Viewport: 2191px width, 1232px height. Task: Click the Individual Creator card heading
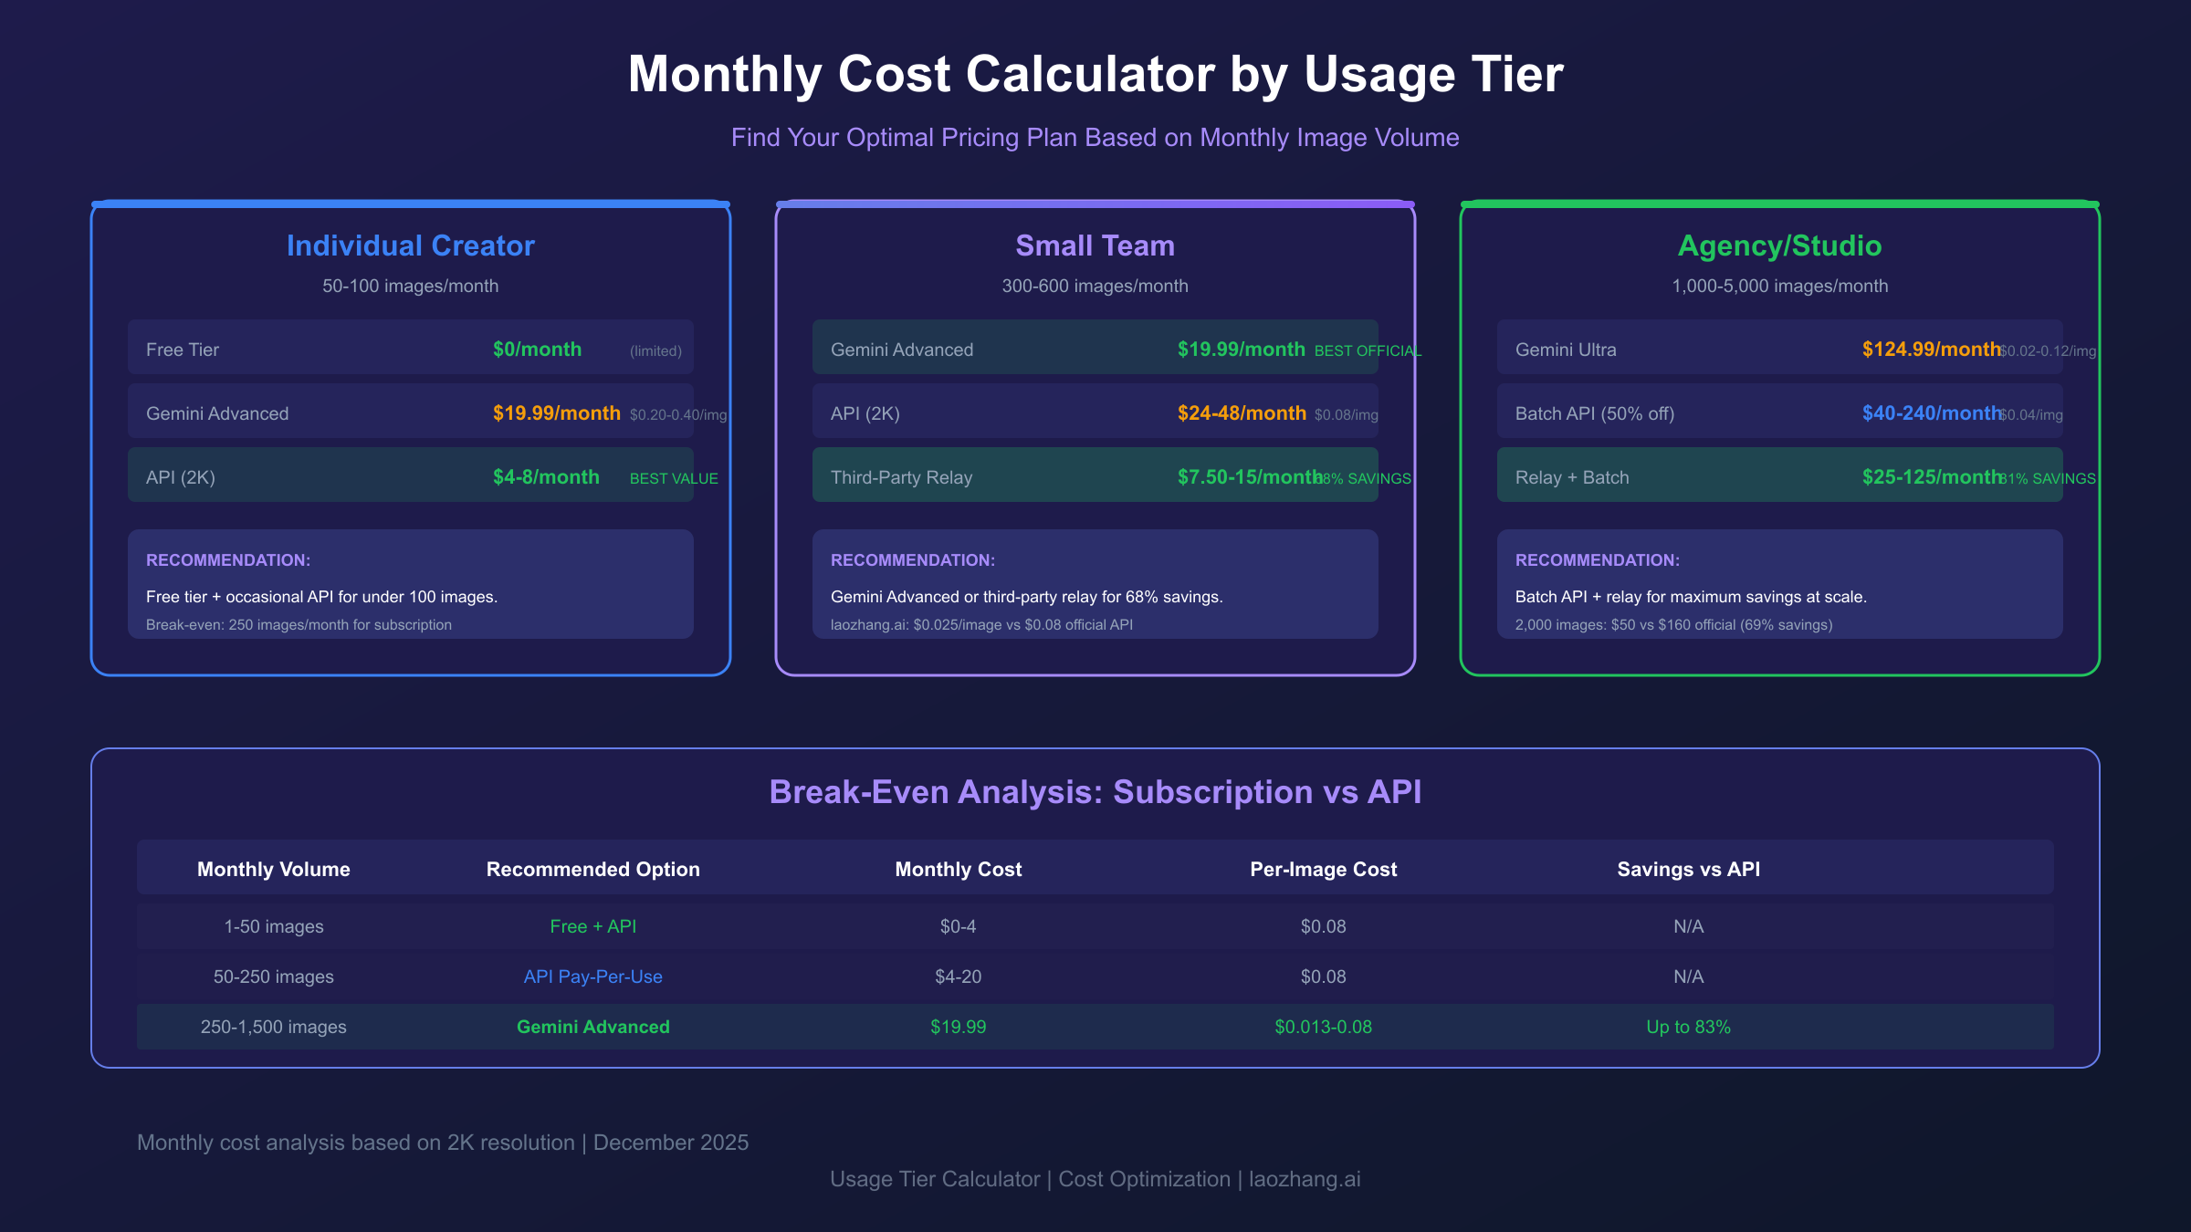411,245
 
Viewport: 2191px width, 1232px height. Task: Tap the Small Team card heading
1095,245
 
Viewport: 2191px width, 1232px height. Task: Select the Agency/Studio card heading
1779,245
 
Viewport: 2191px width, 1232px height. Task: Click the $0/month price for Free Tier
537,350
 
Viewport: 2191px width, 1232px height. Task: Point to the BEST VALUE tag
674,478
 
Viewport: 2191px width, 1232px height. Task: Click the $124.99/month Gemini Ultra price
1930,350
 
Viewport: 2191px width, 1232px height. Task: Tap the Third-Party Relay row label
901,477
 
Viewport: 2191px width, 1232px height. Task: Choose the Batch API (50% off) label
1594,413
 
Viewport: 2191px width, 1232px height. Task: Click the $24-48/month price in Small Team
1242,413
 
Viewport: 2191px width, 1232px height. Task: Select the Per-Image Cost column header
1323,869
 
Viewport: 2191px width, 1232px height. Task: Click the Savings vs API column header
1688,869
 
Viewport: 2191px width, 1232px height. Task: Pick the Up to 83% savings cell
1688,1027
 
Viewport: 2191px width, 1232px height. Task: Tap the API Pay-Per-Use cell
592,976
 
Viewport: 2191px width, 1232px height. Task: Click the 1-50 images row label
274,926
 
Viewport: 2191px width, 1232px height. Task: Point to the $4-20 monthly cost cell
958,976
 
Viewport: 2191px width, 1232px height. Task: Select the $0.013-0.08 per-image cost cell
1323,1027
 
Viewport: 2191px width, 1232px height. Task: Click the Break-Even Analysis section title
1095,791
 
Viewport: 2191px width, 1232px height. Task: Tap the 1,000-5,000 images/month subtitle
1779,286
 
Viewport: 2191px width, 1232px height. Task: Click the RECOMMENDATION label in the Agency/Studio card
1597,560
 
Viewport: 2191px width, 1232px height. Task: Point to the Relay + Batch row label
1571,477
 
